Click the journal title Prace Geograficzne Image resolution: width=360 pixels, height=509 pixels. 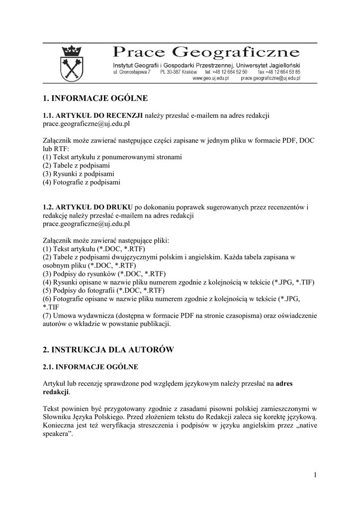click(206, 52)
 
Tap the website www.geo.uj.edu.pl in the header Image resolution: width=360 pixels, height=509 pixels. click(210, 79)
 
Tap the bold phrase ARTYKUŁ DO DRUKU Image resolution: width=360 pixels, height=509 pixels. click(94, 207)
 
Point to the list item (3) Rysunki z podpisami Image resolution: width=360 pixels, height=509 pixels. click(79, 174)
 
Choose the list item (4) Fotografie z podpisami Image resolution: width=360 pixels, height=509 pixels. click(82, 182)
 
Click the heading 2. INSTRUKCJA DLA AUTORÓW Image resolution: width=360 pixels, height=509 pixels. click(108, 350)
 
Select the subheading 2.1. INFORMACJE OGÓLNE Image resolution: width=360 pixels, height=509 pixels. click(90, 367)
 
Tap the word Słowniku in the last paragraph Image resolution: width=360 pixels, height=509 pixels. click(57, 417)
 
